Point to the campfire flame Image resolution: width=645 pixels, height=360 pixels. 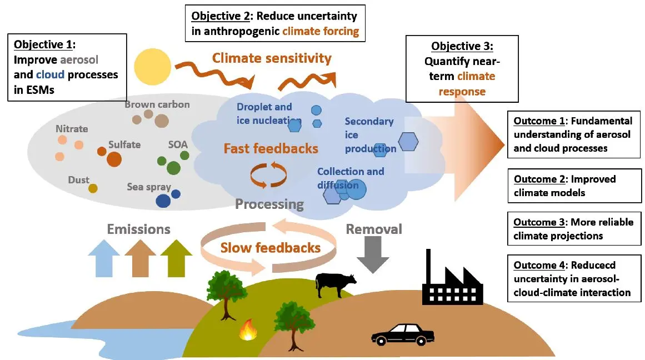[x=248, y=331]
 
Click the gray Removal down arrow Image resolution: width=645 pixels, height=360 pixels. [x=373, y=254]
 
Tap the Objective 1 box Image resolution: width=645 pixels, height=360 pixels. [x=67, y=67]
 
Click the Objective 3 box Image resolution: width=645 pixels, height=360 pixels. [x=462, y=68]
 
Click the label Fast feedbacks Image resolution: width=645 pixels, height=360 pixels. [x=271, y=148]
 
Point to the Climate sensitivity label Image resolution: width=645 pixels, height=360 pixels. [x=272, y=58]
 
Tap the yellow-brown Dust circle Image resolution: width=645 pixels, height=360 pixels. [x=93, y=189]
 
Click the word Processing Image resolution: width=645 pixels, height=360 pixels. [x=269, y=204]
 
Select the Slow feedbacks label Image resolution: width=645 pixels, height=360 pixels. [x=271, y=247]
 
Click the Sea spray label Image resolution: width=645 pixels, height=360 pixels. [x=149, y=187]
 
